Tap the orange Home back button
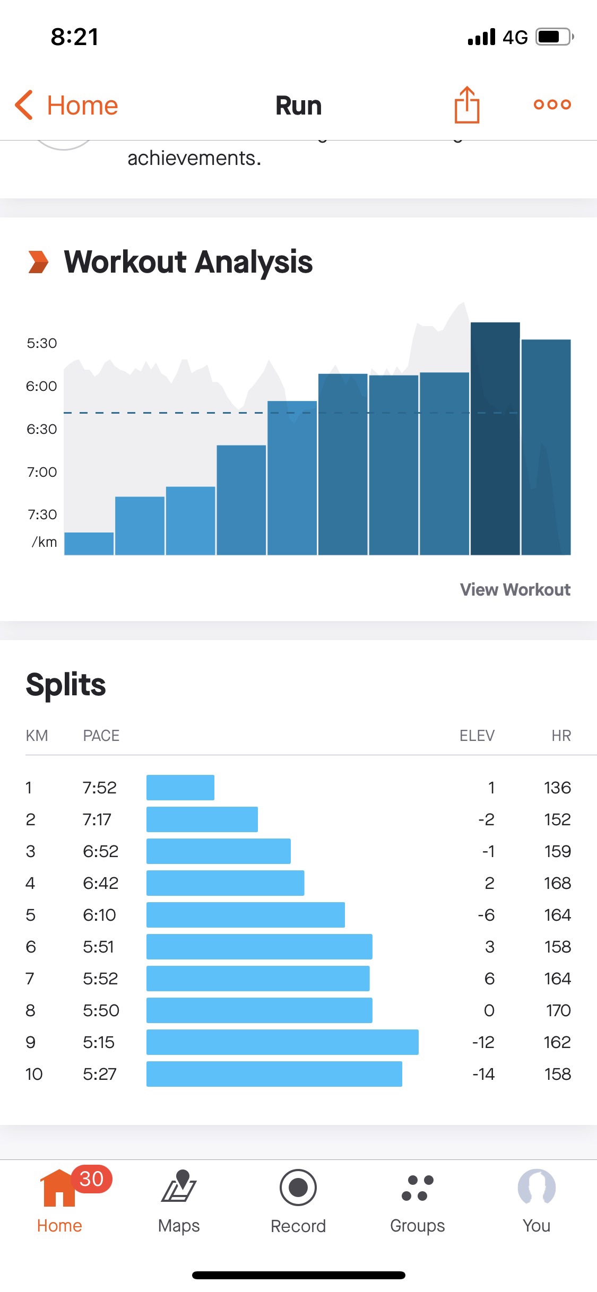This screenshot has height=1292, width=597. click(66, 105)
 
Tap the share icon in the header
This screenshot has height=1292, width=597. click(466, 105)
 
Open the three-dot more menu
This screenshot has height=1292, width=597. click(552, 104)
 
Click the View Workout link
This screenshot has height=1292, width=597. click(515, 589)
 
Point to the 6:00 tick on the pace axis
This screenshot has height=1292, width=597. click(41, 386)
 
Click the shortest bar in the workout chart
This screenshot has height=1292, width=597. click(89, 544)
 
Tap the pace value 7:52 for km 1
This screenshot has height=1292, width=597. click(99, 788)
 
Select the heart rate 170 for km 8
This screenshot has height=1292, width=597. click(558, 1010)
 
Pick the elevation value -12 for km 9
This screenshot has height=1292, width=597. click(483, 1042)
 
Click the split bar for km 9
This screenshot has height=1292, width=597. click(282, 1042)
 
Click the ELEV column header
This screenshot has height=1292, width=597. click(477, 736)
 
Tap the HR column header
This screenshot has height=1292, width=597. click(561, 736)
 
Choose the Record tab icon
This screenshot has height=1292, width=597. click(298, 1188)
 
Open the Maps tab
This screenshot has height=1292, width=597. click(179, 1199)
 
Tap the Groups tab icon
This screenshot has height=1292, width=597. click(418, 1188)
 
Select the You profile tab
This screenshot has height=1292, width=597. click(537, 1199)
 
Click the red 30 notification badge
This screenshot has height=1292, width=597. click(91, 1179)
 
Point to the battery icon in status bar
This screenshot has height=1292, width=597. click(554, 37)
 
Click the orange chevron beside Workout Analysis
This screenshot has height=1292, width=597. click(38, 262)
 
